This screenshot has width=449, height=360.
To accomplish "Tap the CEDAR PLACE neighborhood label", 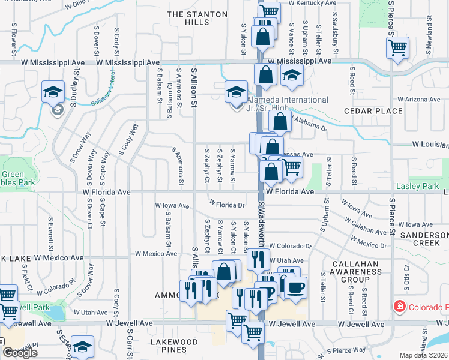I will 372,111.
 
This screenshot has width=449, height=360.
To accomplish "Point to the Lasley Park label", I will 422,187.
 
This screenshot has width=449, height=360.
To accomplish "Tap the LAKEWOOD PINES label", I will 174,346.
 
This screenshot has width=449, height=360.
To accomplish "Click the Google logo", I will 20,353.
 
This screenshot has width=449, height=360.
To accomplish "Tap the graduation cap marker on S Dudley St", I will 53,92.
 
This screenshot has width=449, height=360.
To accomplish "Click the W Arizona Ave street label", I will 418,99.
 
